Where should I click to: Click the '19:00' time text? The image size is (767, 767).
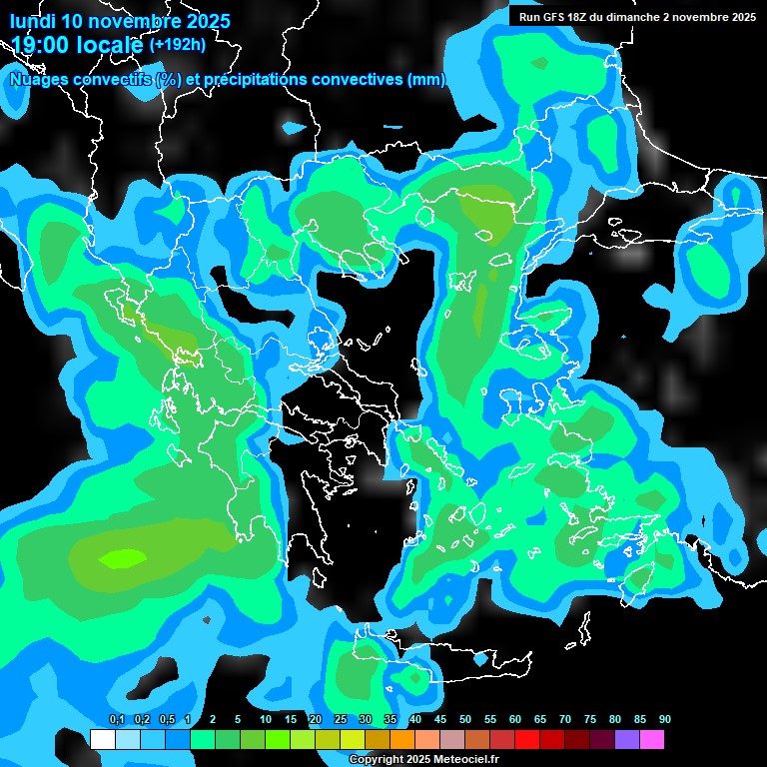pyautogui.click(x=44, y=45)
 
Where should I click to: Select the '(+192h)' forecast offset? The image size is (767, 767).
pyautogui.click(x=178, y=45)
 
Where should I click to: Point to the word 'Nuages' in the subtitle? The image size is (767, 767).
pyautogui.click(x=39, y=80)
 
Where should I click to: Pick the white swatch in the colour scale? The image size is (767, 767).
pyautogui.click(x=102, y=739)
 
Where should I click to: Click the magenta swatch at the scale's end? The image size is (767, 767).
pyautogui.click(x=651, y=739)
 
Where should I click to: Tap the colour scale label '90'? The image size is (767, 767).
pyautogui.click(x=665, y=720)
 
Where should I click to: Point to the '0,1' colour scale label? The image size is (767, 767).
pyautogui.click(x=116, y=720)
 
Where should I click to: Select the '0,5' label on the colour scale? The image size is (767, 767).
pyautogui.click(x=167, y=720)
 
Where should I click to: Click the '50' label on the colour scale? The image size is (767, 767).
pyautogui.click(x=465, y=720)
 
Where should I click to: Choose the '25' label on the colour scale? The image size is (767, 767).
pyautogui.click(x=341, y=720)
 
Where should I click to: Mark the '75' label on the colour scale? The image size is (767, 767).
pyautogui.click(x=590, y=720)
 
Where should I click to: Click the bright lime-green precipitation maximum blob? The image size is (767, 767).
pyautogui.click(x=120, y=558)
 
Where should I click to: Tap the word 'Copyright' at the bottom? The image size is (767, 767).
pyautogui.click(x=376, y=760)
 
